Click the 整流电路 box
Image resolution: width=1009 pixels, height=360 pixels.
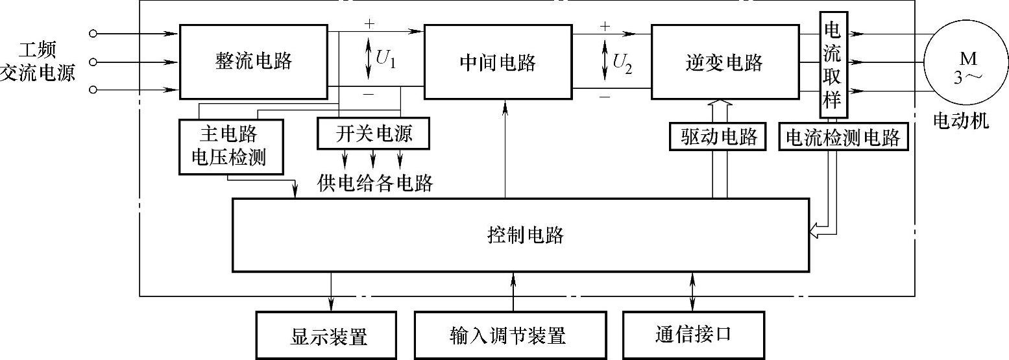point(253,62)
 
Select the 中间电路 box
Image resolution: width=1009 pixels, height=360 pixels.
point(497,62)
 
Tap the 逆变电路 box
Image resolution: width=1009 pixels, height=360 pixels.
point(723,62)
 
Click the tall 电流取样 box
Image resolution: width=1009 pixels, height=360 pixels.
point(831,65)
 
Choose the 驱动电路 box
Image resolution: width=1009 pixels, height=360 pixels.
point(720,137)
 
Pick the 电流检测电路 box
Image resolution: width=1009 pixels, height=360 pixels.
point(843,138)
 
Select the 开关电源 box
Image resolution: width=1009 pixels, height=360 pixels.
point(373,134)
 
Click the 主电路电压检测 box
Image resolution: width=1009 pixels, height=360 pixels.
point(230,146)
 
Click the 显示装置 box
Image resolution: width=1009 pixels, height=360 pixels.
point(326,336)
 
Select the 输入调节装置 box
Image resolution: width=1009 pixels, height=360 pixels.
point(510,336)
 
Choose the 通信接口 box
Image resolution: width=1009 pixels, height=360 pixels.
point(692,335)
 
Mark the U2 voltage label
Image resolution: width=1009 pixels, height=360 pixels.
point(621,61)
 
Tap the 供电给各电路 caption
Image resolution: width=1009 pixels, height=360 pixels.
point(375,184)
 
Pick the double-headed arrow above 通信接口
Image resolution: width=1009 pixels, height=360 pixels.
point(692,291)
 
